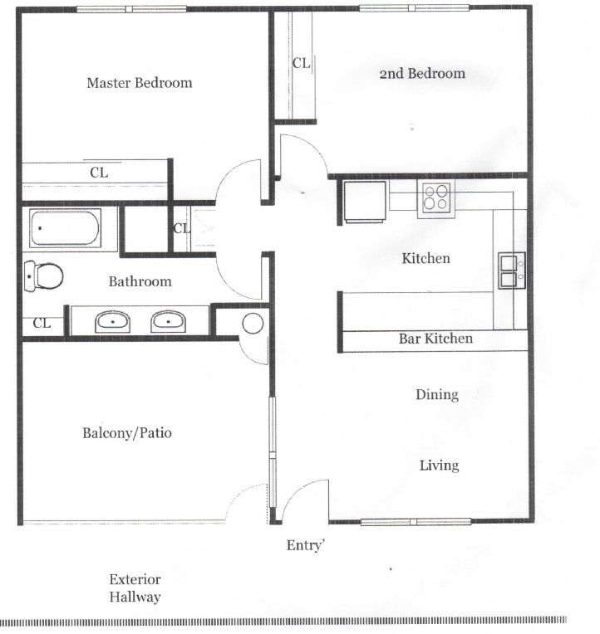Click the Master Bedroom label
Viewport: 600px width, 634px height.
[x=140, y=83]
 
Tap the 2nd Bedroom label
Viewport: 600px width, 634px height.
[x=422, y=74]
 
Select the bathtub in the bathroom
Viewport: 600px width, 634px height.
[x=65, y=227]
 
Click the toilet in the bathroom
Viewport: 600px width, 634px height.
[x=43, y=276]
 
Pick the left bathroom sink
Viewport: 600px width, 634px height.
[x=112, y=322]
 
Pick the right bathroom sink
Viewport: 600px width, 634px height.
[x=169, y=322]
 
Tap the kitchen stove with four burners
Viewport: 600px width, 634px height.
[x=436, y=199]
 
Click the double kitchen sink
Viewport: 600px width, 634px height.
[x=512, y=270]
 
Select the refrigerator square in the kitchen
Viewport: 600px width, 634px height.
[x=364, y=202]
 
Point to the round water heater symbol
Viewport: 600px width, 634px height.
[x=253, y=324]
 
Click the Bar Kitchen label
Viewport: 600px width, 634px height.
[x=435, y=339]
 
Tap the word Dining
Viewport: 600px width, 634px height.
[x=437, y=395]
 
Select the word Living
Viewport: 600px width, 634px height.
[x=440, y=466]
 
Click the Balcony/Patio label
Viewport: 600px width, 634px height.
[x=127, y=433]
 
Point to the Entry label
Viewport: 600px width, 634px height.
[x=306, y=545]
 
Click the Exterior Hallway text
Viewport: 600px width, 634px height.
[x=135, y=588]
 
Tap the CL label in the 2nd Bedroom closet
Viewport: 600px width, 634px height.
[x=301, y=63]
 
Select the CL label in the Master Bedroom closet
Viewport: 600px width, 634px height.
[x=99, y=173]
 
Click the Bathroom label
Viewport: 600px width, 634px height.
[x=140, y=281]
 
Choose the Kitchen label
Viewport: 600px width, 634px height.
[x=426, y=258]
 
